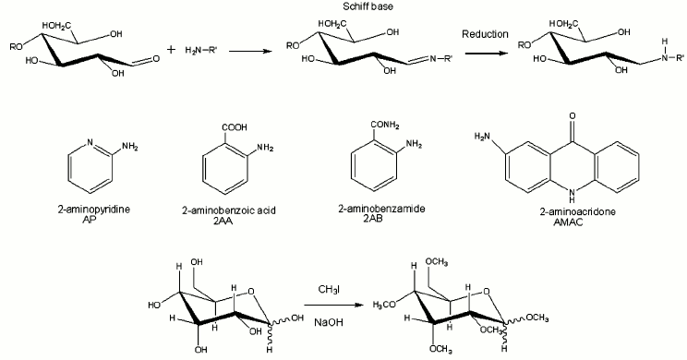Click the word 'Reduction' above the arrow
(488, 34)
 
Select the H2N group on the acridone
(480, 138)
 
